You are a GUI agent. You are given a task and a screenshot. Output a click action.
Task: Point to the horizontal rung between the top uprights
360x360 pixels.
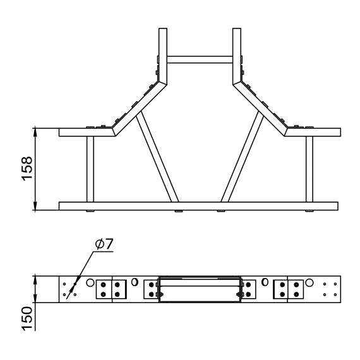[201, 59]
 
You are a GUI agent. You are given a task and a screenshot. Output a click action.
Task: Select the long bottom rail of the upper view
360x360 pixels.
[198, 206]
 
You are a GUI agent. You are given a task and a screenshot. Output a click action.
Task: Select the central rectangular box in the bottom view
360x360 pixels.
[200, 289]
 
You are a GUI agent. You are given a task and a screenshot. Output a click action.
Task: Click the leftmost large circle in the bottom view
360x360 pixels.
[90, 283]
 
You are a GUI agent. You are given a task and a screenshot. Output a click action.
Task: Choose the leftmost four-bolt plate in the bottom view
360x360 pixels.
[112, 289]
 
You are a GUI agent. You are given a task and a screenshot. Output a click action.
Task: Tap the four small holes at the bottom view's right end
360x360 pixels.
[329, 289]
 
